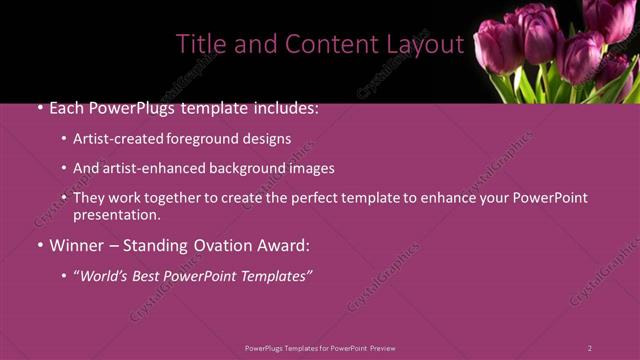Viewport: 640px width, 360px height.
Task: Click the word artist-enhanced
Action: pyautogui.click(x=150, y=169)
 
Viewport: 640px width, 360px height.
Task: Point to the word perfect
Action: pyautogui.click(x=301, y=198)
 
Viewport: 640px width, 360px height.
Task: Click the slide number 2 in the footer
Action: pyautogui.click(x=590, y=348)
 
